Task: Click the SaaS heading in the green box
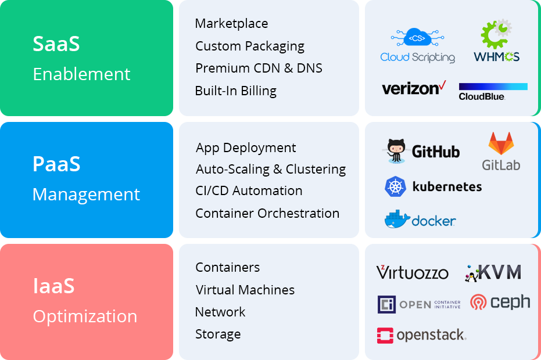[56, 44]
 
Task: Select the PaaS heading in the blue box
[56, 164]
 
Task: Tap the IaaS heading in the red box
[53, 286]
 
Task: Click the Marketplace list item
[231, 24]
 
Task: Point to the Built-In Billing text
[235, 91]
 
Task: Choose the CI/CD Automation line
[249, 191]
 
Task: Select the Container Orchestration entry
[267, 214]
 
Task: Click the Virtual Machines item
[245, 290]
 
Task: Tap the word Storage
[218, 334]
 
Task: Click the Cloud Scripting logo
[417, 46]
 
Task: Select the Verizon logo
[413, 88]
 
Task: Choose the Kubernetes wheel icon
[395, 187]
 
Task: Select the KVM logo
[493, 273]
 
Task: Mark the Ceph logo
[500, 303]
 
